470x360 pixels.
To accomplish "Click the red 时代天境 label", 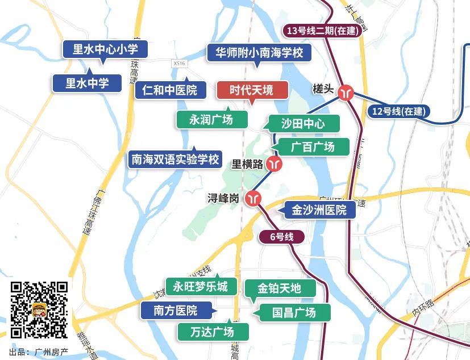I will pos(252,90).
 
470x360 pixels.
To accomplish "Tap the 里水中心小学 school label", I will pos(106,49).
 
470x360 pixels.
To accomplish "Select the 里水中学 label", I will pos(87,83).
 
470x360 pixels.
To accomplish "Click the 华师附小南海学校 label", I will pos(259,53).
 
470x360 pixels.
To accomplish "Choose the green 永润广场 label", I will pos(211,119).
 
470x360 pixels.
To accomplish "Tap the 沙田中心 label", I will pos(302,123).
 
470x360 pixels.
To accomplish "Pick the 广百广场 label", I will pos(313,146).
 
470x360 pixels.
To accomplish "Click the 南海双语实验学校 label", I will pos(175,160).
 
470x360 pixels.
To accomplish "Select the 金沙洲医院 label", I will pos(319,210).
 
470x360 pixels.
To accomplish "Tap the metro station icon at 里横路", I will pos(275,164).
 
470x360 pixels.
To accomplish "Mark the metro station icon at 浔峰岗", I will pos(253,198).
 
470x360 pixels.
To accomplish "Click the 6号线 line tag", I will pos(281,237).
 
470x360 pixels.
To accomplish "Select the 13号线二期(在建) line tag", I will pos(323,31).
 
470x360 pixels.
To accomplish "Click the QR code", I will pos(39,309).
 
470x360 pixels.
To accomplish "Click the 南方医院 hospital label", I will pos(176,311).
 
